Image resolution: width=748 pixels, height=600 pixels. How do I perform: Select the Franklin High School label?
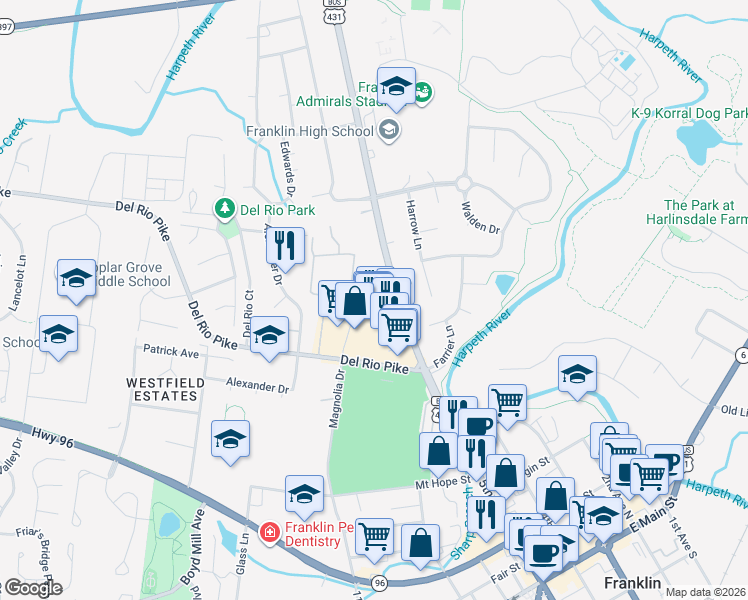310,130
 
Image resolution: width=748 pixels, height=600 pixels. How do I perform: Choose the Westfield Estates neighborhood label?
166,389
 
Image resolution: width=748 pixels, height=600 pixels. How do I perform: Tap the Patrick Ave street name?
171,352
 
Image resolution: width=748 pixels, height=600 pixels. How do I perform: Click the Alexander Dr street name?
257,385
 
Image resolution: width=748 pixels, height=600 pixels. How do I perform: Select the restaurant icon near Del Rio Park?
285,245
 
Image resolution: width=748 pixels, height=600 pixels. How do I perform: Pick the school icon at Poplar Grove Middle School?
76,280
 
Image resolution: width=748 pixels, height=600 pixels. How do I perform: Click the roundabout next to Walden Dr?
463,183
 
